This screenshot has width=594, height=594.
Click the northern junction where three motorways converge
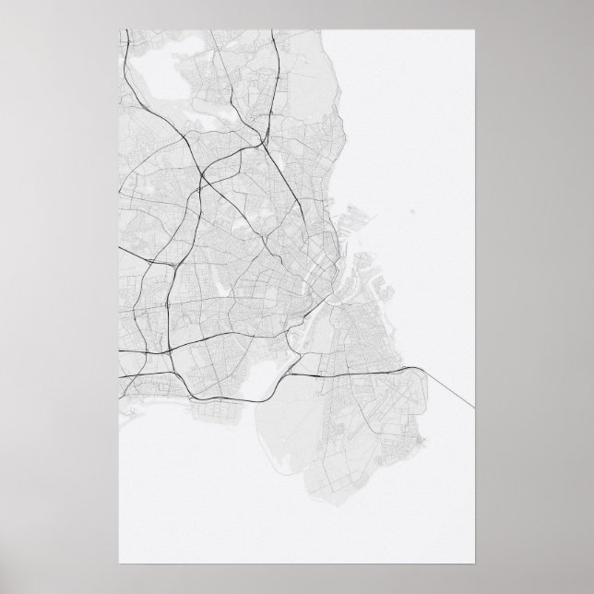[x=259, y=145]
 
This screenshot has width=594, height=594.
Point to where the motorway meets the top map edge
[x=274, y=30]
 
